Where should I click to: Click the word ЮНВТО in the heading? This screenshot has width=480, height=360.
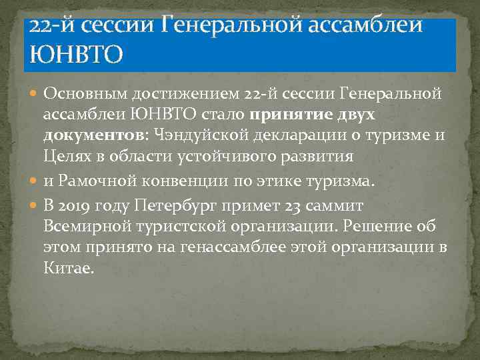tap(73, 53)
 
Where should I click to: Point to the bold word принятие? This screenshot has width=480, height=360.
tap(294, 114)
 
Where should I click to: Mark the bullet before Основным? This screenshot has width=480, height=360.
tap(35, 94)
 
